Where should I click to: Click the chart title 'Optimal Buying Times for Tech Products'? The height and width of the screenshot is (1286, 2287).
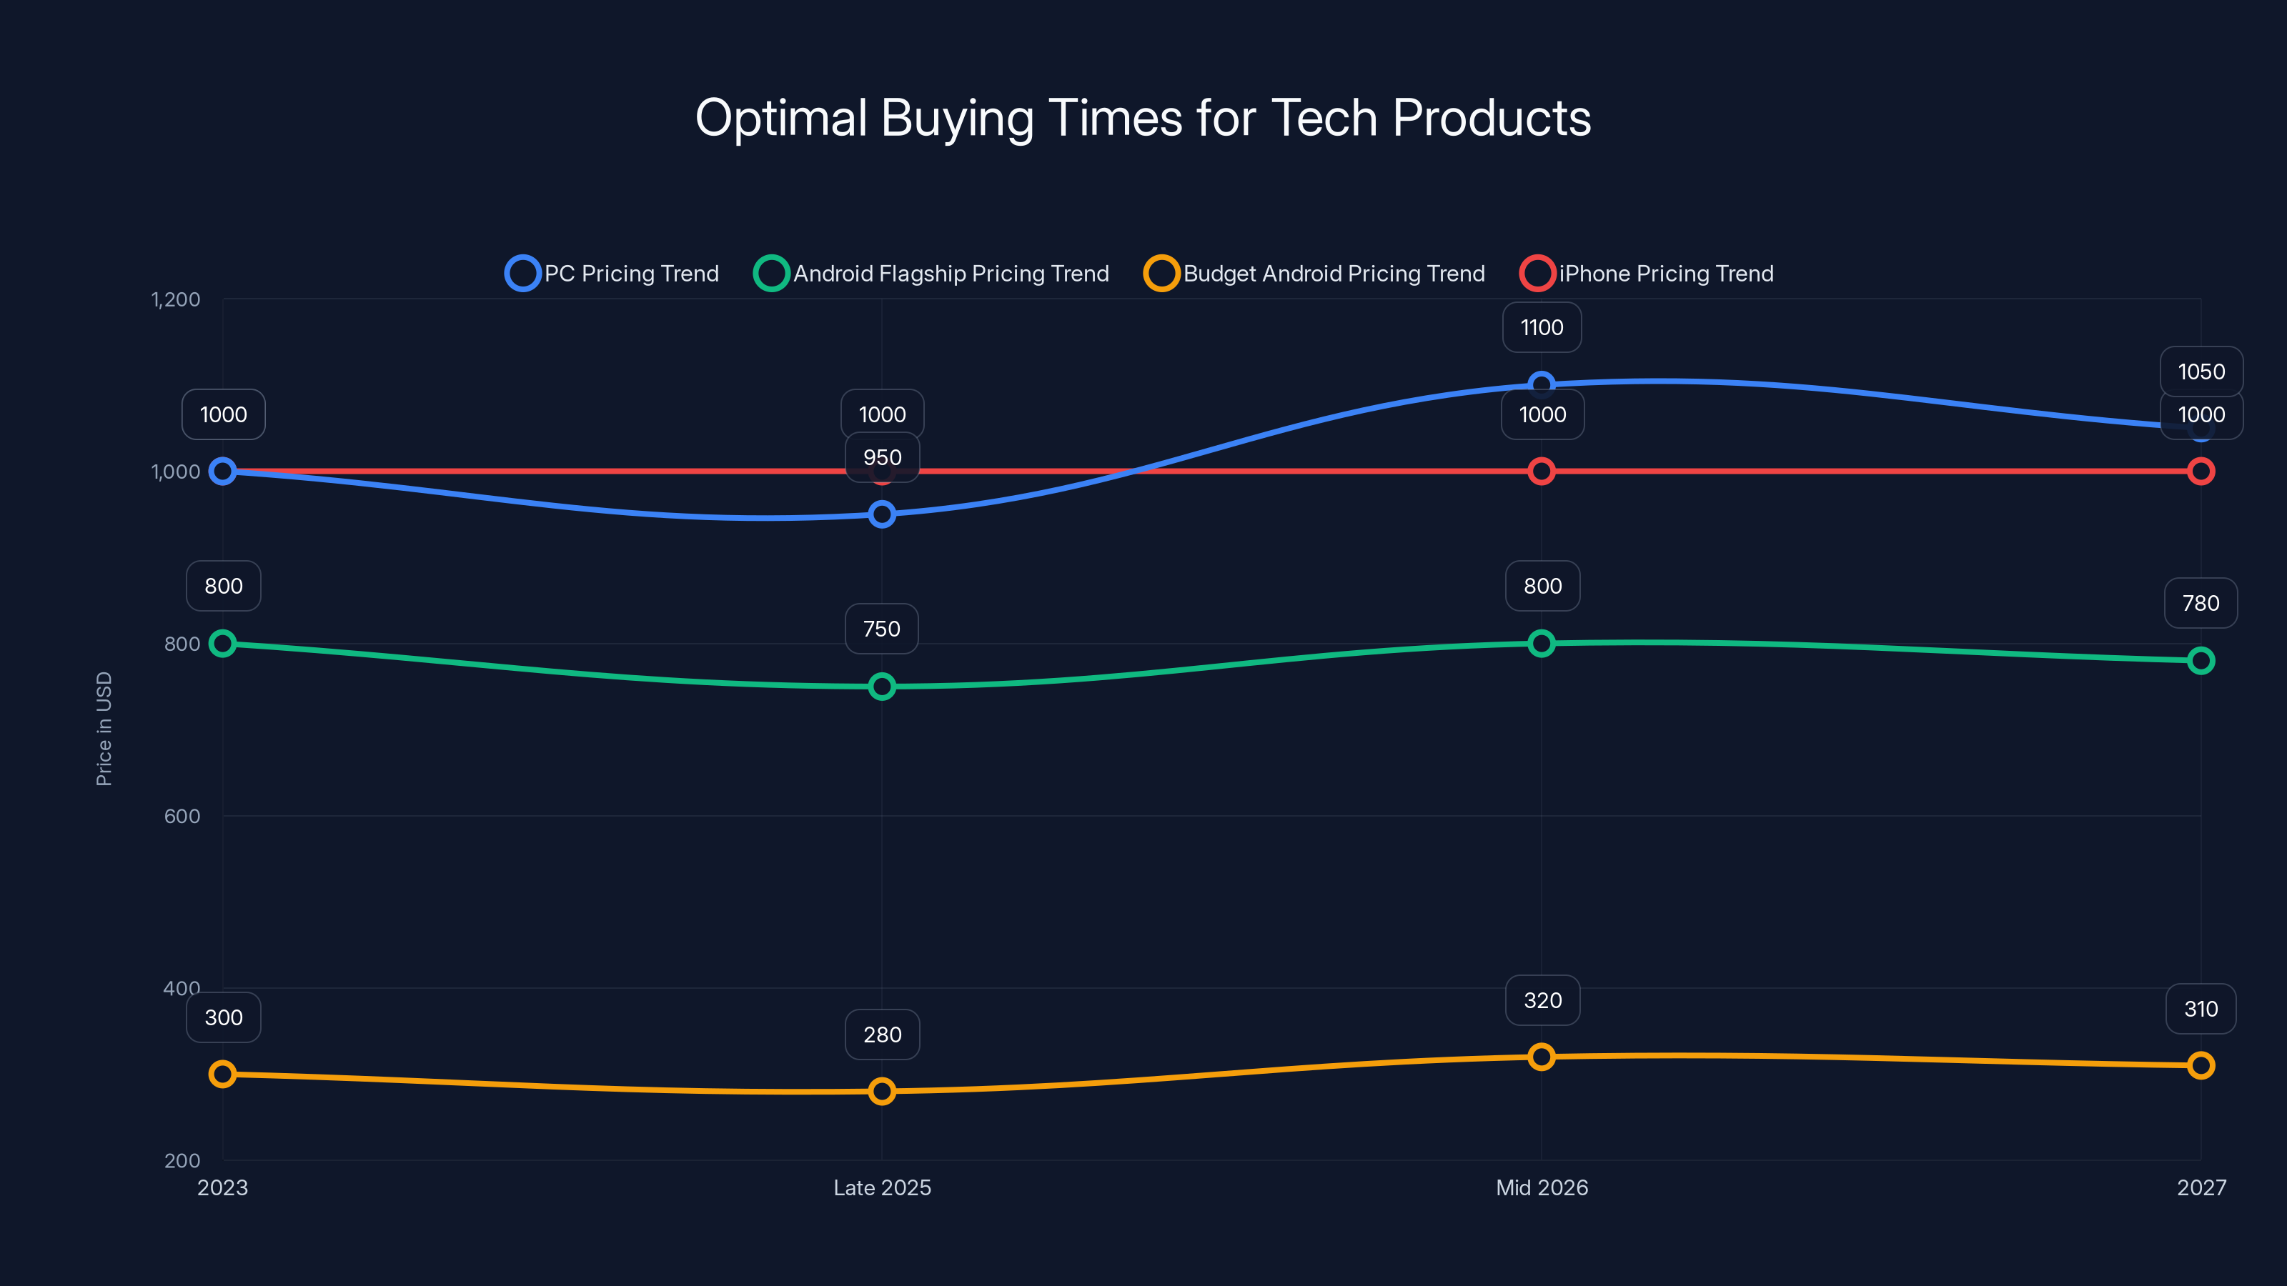tap(1143, 118)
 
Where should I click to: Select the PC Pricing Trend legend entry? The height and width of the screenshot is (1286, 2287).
tap(612, 274)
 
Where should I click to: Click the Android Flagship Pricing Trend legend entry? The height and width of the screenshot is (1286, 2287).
tap(932, 274)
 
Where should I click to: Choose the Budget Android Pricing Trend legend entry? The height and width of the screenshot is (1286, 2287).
tap(1315, 274)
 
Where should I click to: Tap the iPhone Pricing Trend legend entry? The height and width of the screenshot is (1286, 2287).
tap(1647, 274)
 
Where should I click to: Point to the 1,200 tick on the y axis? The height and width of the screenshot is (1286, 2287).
tap(176, 299)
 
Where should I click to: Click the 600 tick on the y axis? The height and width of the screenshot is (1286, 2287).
tap(182, 816)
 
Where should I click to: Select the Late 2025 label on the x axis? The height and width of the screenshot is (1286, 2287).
tap(882, 1187)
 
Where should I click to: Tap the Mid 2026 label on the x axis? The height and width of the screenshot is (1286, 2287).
tap(1542, 1187)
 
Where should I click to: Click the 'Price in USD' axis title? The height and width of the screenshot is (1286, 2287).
tap(104, 729)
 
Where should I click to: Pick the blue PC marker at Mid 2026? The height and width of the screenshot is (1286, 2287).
tap(1542, 384)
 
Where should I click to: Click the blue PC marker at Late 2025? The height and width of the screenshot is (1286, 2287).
tap(882, 514)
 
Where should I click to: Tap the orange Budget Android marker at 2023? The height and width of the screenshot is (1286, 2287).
tap(223, 1074)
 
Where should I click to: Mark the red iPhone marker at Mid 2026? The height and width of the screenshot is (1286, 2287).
tap(1542, 472)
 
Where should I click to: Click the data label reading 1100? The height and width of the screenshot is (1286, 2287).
tap(1542, 327)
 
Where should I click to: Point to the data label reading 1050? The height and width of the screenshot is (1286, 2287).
tap(2201, 371)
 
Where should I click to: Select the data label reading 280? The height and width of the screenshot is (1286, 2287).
tap(882, 1034)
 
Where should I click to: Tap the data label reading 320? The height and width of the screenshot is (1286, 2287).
tap(1542, 1000)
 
